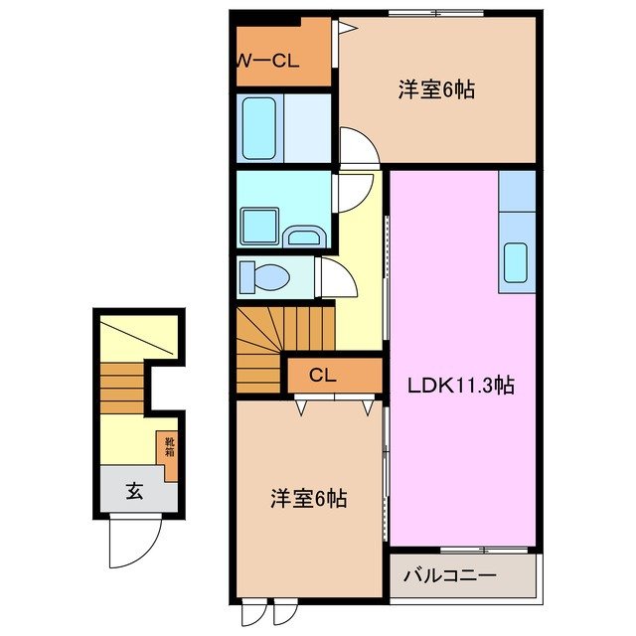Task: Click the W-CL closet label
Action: (x=266, y=61)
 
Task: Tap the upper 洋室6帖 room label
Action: (x=436, y=89)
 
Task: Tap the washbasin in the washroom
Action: (x=302, y=236)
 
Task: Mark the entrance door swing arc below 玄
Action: (x=135, y=542)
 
